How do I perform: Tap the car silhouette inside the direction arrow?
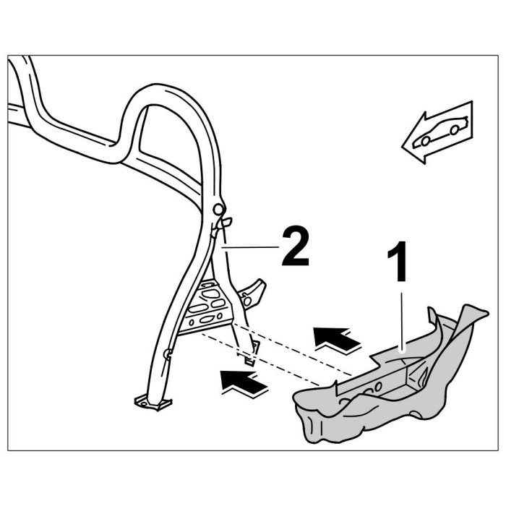click(x=440, y=131)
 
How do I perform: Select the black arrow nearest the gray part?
click(x=337, y=337)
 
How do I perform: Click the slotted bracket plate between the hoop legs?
click(x=210, y=307)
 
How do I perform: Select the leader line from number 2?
click(x=249, y=248)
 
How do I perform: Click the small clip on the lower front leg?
click(x=168, y=353)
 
